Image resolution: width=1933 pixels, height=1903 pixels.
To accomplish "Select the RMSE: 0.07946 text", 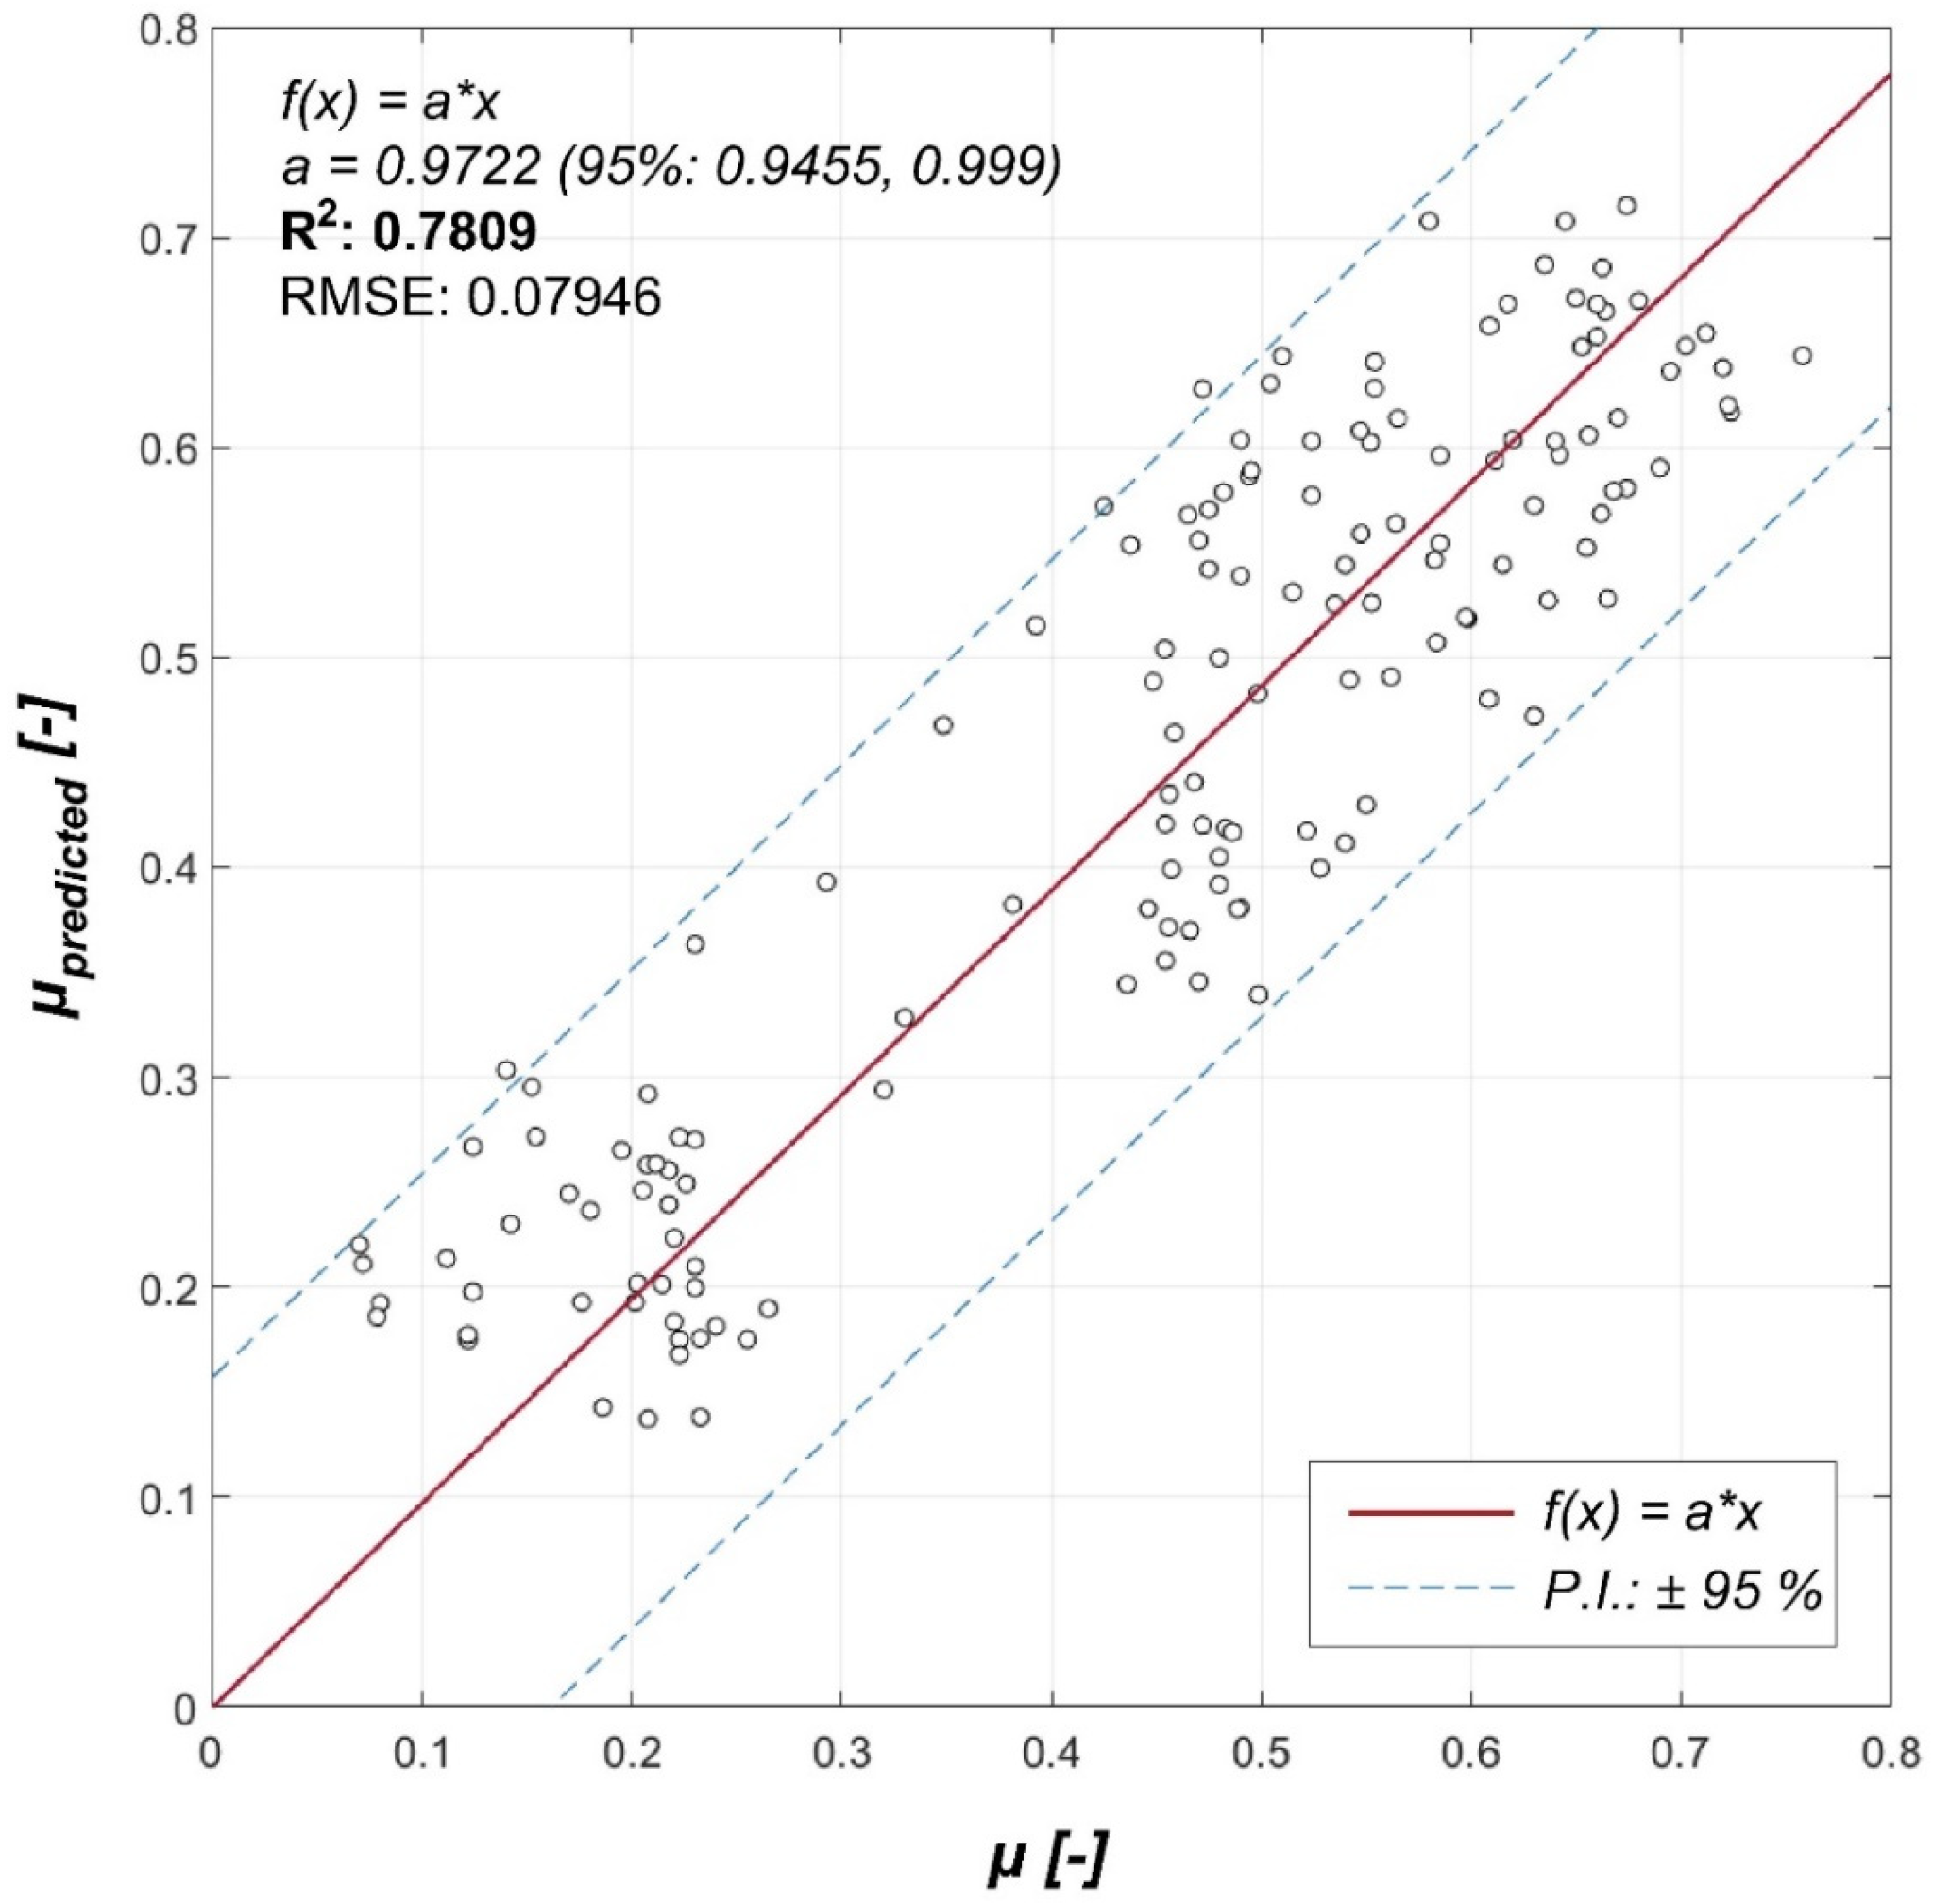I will pyautogui.click(x=469, y=297).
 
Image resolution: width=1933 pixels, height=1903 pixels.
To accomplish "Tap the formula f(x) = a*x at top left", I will pyautogui.click(x=389, y=103).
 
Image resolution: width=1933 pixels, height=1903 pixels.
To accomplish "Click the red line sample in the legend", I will pyautogui.click(x=1431, y=1513).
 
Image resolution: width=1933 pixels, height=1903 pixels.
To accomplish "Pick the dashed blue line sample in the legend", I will pyautogui.click(x=1431, y=1588).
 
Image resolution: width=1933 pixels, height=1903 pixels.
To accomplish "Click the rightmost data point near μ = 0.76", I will pyautogui.click(x=1802, y=356).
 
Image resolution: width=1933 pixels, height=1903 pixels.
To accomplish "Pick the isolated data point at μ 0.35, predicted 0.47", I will pyautogui.click(x=942, y=724).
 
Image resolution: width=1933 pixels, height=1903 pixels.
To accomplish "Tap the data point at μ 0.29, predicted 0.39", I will pyautogui.click(x=825, y=881).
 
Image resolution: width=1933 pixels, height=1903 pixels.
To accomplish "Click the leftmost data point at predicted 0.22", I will pyautogui.click(x=360, y=1246).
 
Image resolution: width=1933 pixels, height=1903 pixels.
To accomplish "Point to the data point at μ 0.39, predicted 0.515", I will pyautogui.click(x=1036, y=625).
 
